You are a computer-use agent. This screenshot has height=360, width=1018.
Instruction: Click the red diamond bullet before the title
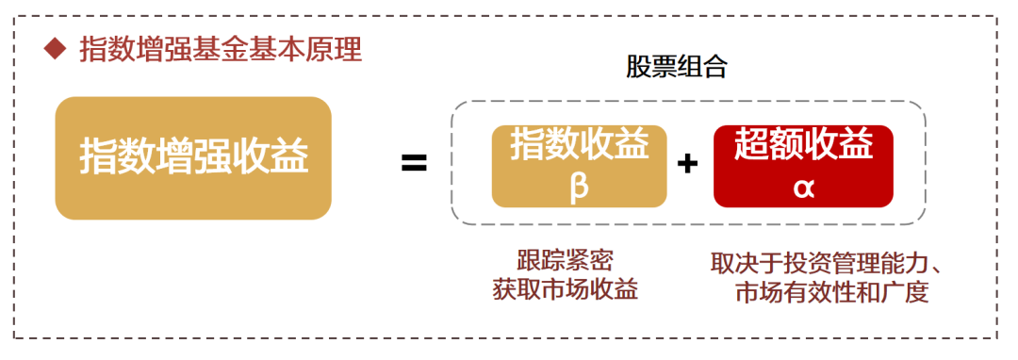tap(56, 49)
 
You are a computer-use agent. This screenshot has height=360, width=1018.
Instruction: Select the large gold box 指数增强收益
tap(193, 158)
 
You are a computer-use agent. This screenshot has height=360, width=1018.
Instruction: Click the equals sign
tap(414, 163)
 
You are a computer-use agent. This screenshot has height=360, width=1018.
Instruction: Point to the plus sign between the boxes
tap(688, 164)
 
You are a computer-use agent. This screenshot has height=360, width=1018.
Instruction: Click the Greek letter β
tap(579, 186)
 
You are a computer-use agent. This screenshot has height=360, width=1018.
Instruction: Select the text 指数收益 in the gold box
tap(580, 145)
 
